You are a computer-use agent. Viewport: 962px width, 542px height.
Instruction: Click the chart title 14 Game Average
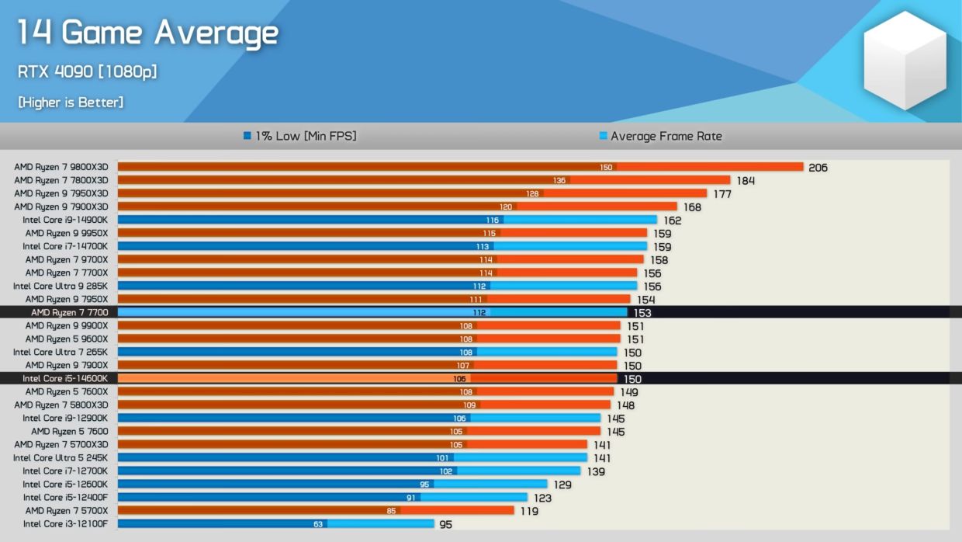pyautogui.click(x=147, y=33)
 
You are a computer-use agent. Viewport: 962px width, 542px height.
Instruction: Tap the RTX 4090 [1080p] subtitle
pyautogui.click(x=87, y=71)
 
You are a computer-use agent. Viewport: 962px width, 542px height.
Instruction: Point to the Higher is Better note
pyautogui.click(x=71, y=102)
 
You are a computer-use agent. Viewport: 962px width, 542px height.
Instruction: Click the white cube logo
pyautogui.click(x=905, y=60)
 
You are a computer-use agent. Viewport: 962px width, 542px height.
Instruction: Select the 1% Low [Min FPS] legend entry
pyautogui.click(x=300, y=136)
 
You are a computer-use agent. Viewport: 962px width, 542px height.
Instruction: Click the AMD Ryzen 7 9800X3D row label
pyautogui.click(x=61, y=167)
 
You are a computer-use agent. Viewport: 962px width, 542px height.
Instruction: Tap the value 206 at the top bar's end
pyautogui.click(x=818, y=168)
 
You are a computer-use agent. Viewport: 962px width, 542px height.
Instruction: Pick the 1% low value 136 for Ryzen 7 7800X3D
pyautogui.click(x=559, y=181)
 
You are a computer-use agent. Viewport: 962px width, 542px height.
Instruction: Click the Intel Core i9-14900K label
pyautogui.click(x=65, y=220)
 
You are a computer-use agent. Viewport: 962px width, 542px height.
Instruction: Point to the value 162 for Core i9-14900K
pyautogui.click(x=672, y=221)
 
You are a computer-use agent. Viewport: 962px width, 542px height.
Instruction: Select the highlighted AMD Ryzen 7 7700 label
pyautogui.click(x=69, y=312)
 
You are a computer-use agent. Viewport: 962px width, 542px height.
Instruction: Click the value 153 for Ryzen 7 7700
pyautogui.click(x=642, y=313)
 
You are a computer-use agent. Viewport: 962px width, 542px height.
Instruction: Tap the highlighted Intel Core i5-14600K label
pyautogui.click(x=65, y=378)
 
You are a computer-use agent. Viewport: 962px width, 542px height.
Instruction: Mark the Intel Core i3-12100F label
pyautogui.click(x=65, y=524)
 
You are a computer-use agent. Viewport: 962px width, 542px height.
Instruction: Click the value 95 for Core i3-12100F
pyautogui.click(x=445, y=525)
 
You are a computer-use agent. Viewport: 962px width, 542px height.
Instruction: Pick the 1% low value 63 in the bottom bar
pyautogui.click(x=317, y=524)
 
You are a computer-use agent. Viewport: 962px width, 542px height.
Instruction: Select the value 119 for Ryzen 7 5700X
pyautogui.click(x=529, y=512)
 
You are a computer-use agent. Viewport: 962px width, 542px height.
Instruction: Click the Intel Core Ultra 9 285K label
pyautogui.click(x=61, y=286)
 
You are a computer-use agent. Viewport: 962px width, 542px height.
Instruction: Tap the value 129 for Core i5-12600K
pyautogui.click(x=562, y=485)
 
